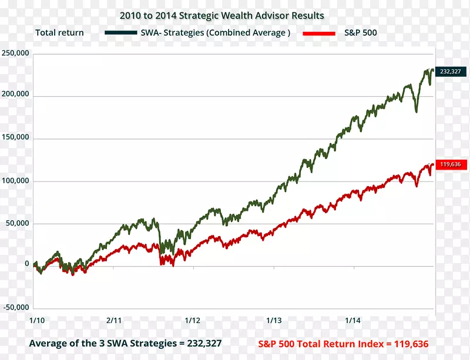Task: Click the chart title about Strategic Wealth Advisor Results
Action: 221,15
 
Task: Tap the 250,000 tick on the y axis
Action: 15,53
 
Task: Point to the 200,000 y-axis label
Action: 15,95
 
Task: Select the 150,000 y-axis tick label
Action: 15,138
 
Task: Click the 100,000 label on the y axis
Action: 15,180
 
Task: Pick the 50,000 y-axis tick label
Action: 17,223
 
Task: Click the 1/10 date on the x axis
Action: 36,320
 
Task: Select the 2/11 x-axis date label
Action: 114,320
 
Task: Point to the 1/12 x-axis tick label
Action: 193,320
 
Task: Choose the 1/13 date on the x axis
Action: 274,320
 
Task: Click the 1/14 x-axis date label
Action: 352,320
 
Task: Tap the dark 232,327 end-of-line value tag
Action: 451,72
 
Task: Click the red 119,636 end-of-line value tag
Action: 451,164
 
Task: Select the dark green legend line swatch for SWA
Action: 122,33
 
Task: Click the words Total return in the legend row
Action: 59,33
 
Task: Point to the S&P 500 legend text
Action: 360,33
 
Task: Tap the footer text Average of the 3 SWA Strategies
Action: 125,343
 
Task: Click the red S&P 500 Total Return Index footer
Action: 343,344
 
